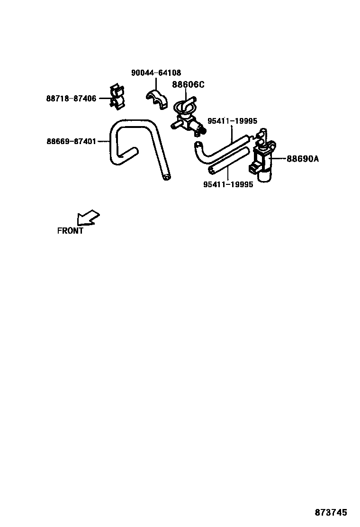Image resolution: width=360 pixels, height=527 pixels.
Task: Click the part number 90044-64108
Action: [156, 73]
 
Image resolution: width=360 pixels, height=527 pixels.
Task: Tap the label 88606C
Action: [188, 85]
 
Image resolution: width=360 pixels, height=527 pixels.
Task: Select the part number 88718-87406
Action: [71, 99]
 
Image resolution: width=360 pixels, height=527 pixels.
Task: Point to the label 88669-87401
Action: [71, 141]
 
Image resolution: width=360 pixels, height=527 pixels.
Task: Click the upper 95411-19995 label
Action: [233, 121]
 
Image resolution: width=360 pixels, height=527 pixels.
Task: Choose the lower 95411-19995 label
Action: [228, 185]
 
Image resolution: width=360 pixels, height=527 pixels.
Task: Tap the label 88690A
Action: [303, 159]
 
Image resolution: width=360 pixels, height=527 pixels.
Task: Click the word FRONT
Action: [70, 231]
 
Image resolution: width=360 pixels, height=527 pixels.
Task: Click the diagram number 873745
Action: [331, 513]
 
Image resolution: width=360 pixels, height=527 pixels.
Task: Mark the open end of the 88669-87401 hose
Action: [164, 178]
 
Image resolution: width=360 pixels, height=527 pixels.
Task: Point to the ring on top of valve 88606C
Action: [184, 107]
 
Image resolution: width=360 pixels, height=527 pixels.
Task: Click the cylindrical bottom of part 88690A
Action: [264, 176]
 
